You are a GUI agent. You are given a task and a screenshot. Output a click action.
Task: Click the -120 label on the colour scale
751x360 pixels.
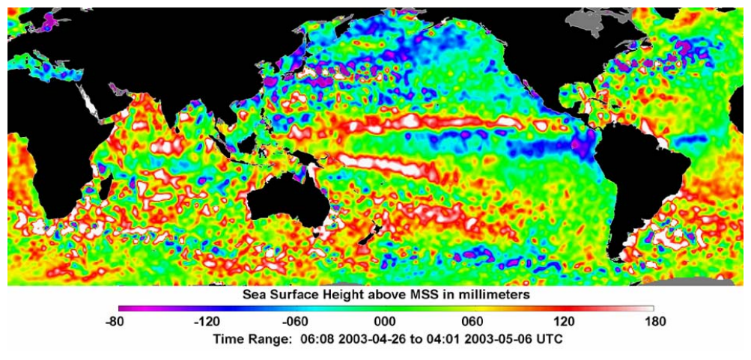[x=206, y=322]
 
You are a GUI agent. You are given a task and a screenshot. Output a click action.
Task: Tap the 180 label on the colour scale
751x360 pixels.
[x=654, y=322]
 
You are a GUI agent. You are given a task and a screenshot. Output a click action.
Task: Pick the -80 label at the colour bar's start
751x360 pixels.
[x=119, y=322]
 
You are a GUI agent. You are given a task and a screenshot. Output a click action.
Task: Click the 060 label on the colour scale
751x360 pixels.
[x=475, y=322]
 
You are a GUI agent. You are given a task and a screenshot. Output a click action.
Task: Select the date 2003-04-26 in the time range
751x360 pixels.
[x=347, y=338]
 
